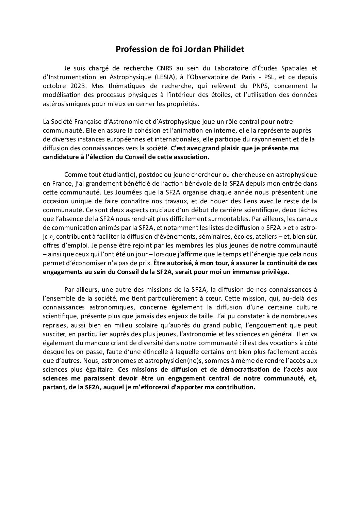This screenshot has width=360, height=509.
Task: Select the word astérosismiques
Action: tap(65, 104)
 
